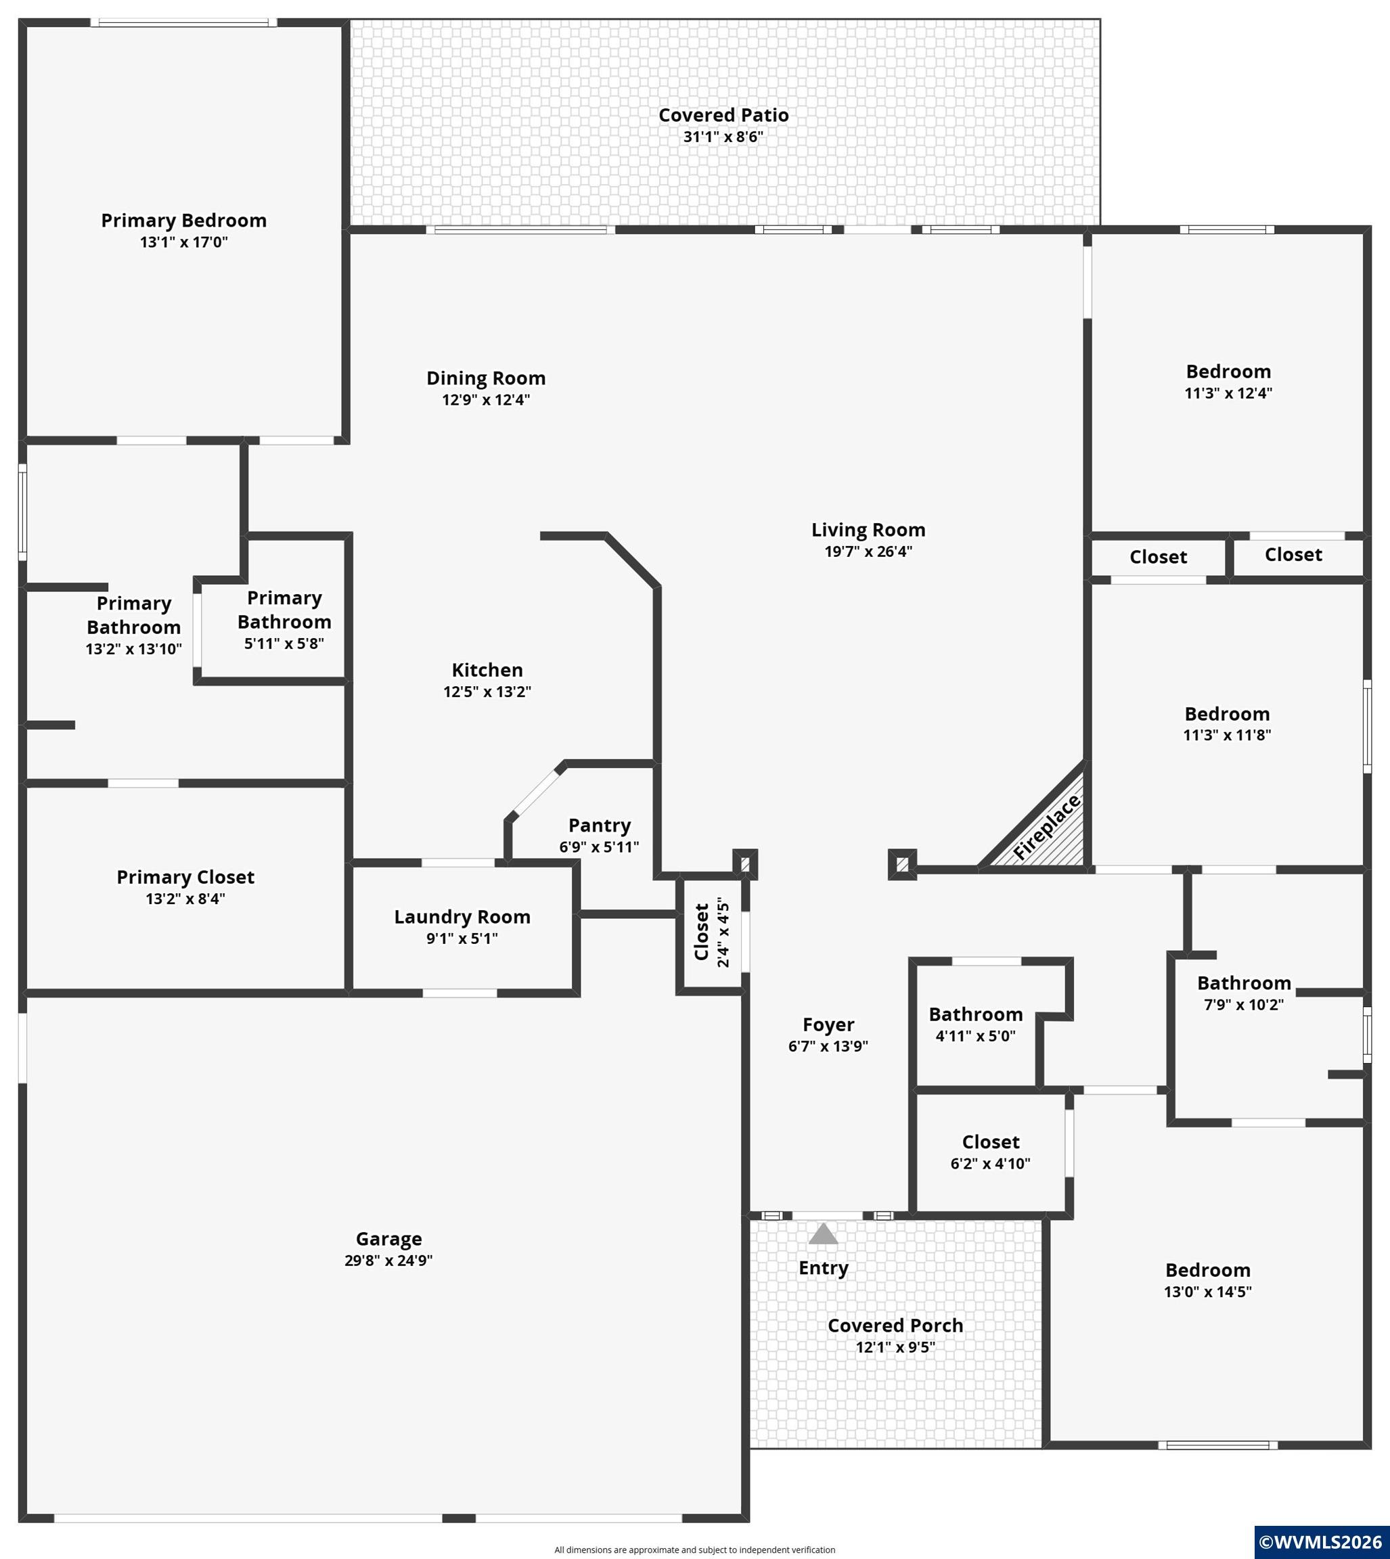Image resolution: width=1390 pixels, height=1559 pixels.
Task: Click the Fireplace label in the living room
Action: pos(1047,827)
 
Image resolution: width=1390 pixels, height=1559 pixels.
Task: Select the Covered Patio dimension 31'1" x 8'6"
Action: pos(723,137)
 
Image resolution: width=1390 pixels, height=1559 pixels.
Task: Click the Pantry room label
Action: pos(600,826)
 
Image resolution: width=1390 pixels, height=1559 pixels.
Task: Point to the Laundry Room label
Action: pos(462,917)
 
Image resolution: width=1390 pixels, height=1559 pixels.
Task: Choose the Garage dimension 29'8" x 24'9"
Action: pos(388,1261)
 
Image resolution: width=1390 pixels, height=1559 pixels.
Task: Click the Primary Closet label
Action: pos(185,877)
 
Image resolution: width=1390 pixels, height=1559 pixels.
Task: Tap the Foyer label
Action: pos(828,1025)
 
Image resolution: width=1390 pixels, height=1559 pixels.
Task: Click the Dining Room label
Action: pos(486,379)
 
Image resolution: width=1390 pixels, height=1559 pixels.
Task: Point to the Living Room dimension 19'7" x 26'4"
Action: pos(868,552)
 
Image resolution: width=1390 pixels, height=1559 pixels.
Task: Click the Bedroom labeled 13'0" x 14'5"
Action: pos(1208,1271)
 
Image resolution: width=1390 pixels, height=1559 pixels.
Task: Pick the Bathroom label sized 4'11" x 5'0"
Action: pos(976,1015)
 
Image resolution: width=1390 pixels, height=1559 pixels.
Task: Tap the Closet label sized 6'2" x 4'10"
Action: pos(991,1142)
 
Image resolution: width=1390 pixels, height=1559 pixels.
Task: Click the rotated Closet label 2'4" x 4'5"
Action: pos(702,932)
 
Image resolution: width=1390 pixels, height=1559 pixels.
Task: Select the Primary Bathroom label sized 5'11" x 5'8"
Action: pos(284,610)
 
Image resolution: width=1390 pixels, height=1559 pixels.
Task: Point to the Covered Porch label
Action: pos(895,1326)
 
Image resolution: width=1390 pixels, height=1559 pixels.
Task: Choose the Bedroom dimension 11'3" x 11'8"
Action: pos(1228,736)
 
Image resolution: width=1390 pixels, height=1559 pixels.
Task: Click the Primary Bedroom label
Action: pos(184,221)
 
